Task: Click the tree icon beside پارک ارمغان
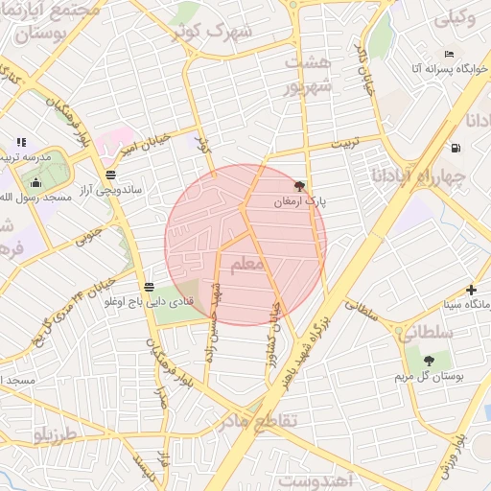[299, 186]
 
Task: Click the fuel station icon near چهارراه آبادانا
[454, 148]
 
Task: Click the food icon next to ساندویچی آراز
[112, 175]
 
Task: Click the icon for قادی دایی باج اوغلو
[149, 287]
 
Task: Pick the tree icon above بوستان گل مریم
[428, 360]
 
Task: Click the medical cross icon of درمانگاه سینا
[471, 290]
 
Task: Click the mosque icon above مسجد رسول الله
[36, 182]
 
